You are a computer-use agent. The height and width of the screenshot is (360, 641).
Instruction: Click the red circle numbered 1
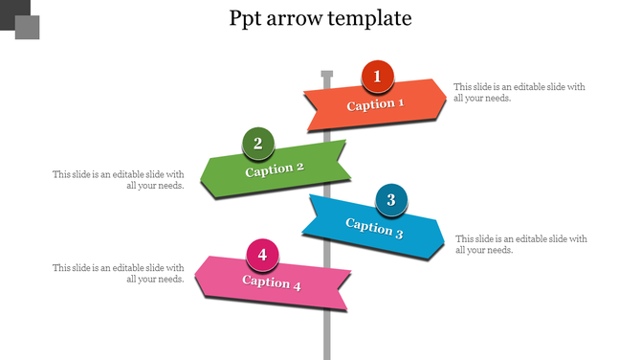(x=377, y=77)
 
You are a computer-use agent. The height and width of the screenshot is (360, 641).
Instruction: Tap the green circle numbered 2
(x=257, y=144)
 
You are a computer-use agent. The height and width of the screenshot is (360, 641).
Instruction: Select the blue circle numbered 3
(x=390, y=200)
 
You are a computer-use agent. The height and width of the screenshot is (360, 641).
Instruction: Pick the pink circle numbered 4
(x=262, y=255)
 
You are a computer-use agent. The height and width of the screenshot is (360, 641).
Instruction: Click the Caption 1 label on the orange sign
(x=375, y=104)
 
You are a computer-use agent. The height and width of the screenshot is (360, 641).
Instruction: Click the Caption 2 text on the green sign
(x=275, y=169)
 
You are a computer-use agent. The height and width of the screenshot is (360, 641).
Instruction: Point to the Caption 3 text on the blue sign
(x=374, y=228)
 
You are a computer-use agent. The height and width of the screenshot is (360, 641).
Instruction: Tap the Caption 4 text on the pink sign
(x=272, y=282)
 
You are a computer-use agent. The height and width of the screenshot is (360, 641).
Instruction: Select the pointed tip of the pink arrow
(x=196, y=278)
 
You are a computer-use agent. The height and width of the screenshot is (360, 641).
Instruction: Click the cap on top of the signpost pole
(x=326, y=75)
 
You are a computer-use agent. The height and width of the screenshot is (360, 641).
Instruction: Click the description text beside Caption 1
(x=519, y=92)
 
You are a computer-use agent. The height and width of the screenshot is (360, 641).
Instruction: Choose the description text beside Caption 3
(x=521, y=244)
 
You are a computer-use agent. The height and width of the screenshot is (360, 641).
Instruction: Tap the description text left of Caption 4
(x=119, y=273)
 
